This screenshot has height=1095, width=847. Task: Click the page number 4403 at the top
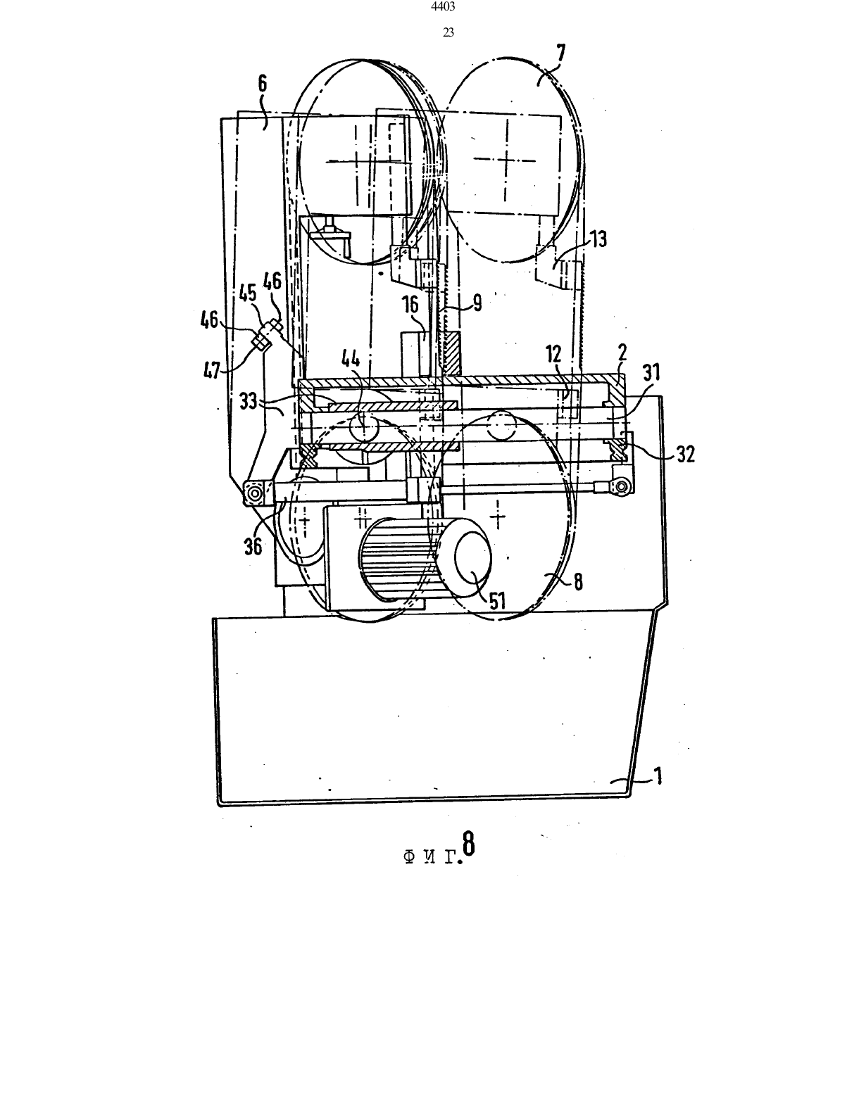click(x=444, y=6)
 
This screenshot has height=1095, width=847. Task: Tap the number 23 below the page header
click(x=448, y=33)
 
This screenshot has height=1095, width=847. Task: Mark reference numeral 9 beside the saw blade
click(x=476, y=303)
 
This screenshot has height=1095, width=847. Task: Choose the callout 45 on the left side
click(x=248, y=293)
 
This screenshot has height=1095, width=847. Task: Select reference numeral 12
click(x=553, y=355)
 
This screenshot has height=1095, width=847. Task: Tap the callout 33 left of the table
click(x=248, y=402)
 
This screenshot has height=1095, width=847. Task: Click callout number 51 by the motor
click(x=496, y=600)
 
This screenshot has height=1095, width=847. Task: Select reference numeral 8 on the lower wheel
click(x=578, y=581)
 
